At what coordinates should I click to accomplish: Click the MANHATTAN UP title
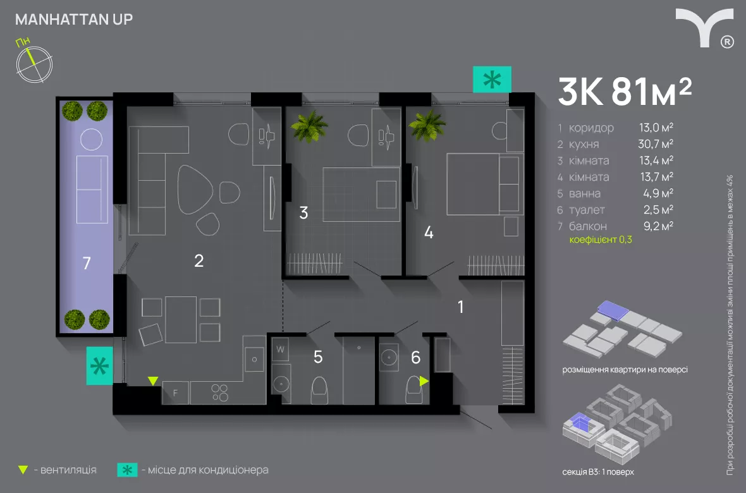click(x=74, y=20)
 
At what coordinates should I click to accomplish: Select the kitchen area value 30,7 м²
click(x=656, y=143)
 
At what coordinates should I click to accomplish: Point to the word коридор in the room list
click(x=591, y=128)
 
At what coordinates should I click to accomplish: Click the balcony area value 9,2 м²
click(x=659, y=226)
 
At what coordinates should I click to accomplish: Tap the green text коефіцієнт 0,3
click(x=601, y=240)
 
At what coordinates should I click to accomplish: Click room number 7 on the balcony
click(x=87, y=263)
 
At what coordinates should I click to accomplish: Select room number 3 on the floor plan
click(x=303, y=213)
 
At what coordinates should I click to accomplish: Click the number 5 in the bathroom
click(x=318, y=356)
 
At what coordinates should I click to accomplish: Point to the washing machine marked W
click(x=280, y=350)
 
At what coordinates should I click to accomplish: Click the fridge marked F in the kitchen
click(x=176, y=393)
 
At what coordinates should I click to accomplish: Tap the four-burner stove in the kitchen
click(x=219, y=393)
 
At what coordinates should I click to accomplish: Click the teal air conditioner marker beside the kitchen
click(x=99, y=365)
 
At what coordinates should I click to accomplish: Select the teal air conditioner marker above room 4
click(x=492, y=79)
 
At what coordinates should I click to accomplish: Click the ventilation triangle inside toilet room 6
click(x=424, y=381)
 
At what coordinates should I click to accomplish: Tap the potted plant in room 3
click(x=309, y=126)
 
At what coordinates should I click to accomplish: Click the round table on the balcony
click(x=91, y=140)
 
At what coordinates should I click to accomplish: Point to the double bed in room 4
click(x=482, y=184)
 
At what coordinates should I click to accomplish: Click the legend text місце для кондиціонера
click(x=208, y=470)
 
